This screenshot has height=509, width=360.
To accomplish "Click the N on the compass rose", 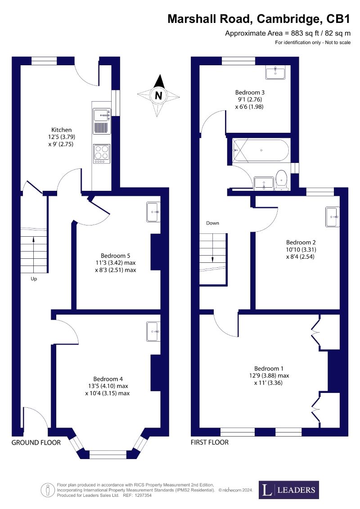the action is point(158,96).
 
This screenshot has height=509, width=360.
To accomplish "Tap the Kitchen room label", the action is point(61,130).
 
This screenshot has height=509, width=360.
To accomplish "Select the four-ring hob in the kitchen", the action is point(102,154).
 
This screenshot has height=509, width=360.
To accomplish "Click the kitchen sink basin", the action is point(102,115).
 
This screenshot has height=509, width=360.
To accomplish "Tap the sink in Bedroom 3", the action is point(275,72).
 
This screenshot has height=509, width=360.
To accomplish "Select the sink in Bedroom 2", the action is point(333,216).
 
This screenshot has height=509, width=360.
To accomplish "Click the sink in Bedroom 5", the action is point(153,212).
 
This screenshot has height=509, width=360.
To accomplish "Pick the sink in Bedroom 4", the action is point(153,331).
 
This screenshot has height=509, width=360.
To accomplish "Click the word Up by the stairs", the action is point(34,279).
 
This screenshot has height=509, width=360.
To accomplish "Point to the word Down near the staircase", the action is point(212,223).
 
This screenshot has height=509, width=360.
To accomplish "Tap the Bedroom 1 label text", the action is point(269,369).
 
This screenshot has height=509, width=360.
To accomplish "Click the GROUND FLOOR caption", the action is point(36,442).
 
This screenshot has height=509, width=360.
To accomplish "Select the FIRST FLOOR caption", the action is point(210,442).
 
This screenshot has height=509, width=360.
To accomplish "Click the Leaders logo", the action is point(289,490).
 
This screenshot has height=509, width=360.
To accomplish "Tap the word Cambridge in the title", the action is point(288,19).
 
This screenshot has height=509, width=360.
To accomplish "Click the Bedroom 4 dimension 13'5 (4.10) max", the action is point(108,386).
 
